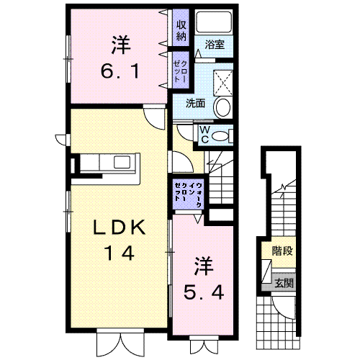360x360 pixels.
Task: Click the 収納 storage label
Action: tap(181, 30)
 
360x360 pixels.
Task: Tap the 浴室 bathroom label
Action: tap(215, 45)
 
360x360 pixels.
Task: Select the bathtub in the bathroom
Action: tap(214, 22)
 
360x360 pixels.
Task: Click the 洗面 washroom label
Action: tap(196, 104)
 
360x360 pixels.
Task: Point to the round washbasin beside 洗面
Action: tap(223, 107)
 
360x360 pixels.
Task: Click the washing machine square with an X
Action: tap(223, 83)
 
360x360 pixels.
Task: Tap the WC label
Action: tap(204, 135)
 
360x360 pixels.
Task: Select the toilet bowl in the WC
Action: tap(220, 136)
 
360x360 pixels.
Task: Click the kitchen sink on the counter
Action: tap(122, 162)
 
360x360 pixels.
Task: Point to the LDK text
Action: tap(120, 227)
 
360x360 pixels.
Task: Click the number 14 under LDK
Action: tap(120, 253)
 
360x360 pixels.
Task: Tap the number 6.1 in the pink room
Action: tap(120, 71)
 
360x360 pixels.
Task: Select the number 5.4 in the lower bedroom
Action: tap(204, 292)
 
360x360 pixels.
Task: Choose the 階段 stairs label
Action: tap(282, 251)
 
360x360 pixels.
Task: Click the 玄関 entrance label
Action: tap(284, 283)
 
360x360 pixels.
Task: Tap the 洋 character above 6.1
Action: tap(121, 45)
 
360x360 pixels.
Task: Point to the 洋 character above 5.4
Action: tap(204, 266)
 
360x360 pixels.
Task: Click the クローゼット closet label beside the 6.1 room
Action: tap(181, 71)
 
